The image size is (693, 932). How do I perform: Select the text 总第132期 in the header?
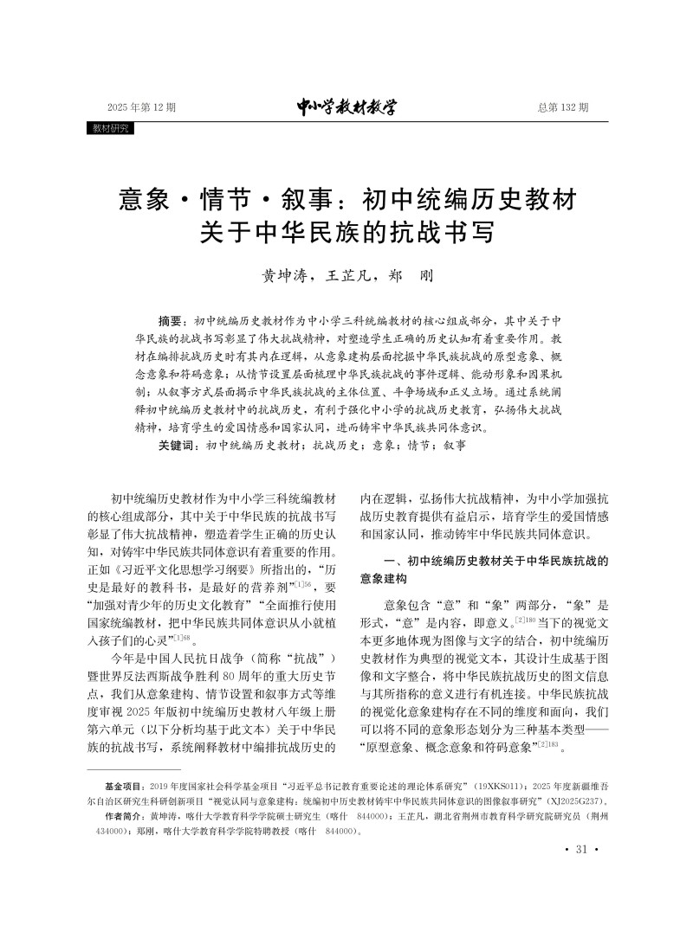tap(562, 108)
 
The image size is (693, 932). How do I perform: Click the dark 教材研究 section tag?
tap(110, 128)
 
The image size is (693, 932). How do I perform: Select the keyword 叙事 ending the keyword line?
tap(454, 446)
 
